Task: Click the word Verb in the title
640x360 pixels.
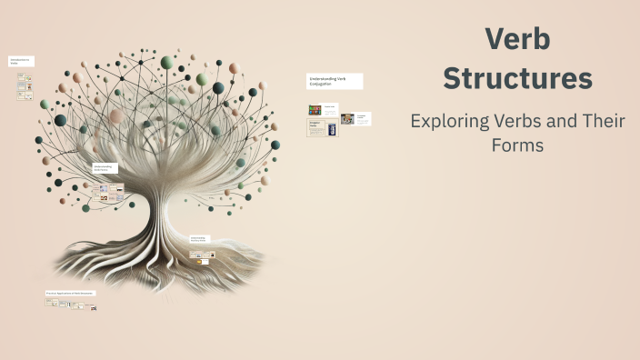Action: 517,40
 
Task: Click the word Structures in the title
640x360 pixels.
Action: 517,78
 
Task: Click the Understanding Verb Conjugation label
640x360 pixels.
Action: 335,81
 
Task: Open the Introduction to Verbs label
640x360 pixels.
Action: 21,61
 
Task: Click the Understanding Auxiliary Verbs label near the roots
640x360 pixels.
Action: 199,239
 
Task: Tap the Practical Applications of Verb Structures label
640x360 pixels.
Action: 71,294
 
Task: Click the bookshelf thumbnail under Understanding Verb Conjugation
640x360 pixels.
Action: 315,110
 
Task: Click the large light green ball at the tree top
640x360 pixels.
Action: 167,62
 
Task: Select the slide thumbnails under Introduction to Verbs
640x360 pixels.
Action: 25,86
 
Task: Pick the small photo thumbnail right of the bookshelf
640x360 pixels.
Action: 347,119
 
